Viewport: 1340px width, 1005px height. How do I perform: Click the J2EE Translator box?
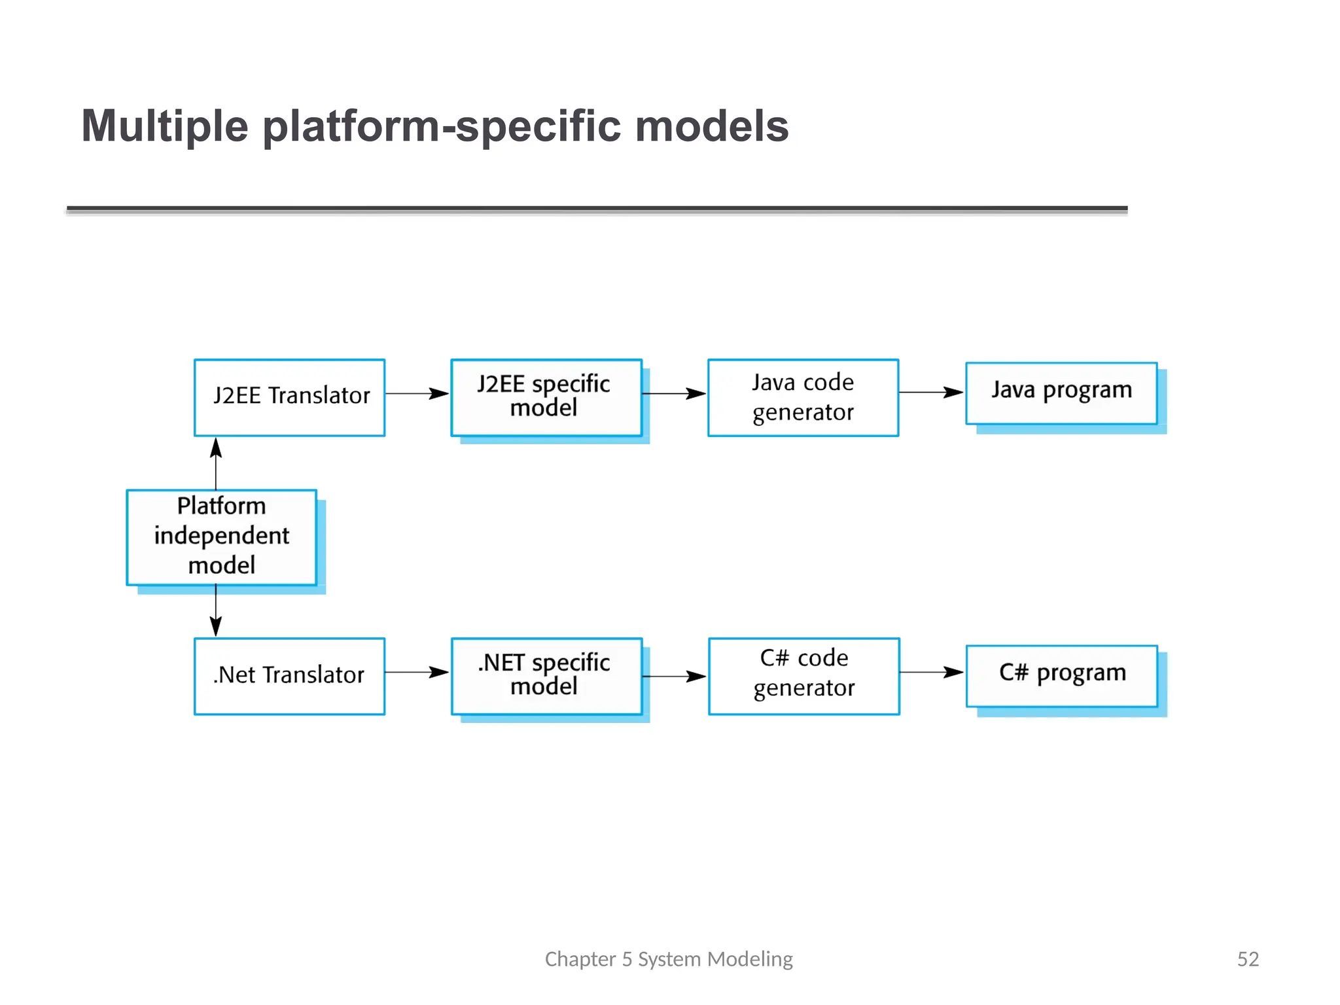coord(289,397)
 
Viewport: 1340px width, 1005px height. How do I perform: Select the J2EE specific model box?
coord(546,397)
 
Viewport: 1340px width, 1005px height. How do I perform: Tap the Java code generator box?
coord(803,397)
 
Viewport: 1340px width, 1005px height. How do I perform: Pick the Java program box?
coord(1061,393)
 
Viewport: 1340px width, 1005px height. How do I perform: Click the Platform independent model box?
coord(221,537)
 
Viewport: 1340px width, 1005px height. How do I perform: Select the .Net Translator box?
coord(289,676)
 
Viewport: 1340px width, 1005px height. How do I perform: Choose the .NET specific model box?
coord(546,676)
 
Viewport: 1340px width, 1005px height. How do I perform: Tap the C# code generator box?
coord(803,676)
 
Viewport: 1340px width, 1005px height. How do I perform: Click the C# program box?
coord(1061,676)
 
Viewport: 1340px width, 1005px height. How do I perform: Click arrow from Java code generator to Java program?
coord(931,393)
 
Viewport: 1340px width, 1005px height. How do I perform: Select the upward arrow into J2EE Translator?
coord(216,463)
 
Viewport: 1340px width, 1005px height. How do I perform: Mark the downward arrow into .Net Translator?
coord(216,610)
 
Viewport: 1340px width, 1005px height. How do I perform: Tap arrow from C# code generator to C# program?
coord(931,672)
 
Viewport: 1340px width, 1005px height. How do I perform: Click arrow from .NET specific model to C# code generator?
coord(674,677)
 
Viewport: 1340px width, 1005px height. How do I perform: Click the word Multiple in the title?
coord(165,126)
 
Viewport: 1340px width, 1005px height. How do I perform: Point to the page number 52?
coord(1248,959)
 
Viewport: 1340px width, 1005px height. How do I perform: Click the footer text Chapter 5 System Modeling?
coord(668,959)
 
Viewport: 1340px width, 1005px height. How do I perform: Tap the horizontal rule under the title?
coord(597,209)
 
